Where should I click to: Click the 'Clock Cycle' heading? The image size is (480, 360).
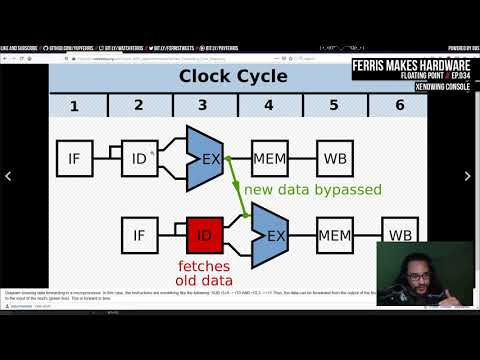tap(232, 76)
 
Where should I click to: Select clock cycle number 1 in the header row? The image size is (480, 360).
tap(73, 105)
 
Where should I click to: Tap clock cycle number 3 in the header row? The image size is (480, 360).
tap(202, 105)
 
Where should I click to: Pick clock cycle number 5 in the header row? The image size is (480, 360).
tap(332, 105)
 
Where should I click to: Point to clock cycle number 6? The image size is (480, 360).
tap(399, 105)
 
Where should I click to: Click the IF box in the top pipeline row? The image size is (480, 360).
tap(73, 157)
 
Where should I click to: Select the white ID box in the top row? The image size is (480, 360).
tap(138, 157)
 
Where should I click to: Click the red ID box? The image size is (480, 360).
tap(203, 235)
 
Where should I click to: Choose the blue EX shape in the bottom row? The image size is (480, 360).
tap(269, 235)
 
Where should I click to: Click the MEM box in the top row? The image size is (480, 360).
tap(269, 157)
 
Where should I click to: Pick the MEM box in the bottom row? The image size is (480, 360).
tap(334, 235)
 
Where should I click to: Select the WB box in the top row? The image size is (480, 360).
tap(334, 157)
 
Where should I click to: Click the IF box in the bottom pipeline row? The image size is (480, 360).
tap(138, 235)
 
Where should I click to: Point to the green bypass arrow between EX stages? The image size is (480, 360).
tap(237, 185)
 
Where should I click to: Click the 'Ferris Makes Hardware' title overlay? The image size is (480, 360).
tap(412, 66)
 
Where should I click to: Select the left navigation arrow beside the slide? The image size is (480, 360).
tap(9, 176)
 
